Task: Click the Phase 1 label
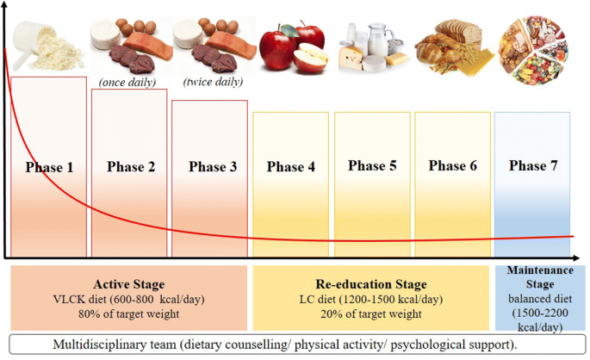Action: point(49,167)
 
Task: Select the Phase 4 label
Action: point(291,166)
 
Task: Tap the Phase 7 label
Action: point(533,165)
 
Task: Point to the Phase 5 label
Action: point(372,165)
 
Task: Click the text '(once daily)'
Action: point(127,83)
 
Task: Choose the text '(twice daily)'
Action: point(213,82)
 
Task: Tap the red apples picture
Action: point(294,46)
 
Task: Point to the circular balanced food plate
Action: point(533,50)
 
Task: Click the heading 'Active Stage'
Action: point(128,284)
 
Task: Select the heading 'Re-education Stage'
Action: point(371,284)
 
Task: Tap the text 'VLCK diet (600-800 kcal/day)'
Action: point(128,300)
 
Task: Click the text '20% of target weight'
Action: point(371,313)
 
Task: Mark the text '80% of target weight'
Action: point(128,313)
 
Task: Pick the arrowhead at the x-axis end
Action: point(575,258)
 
